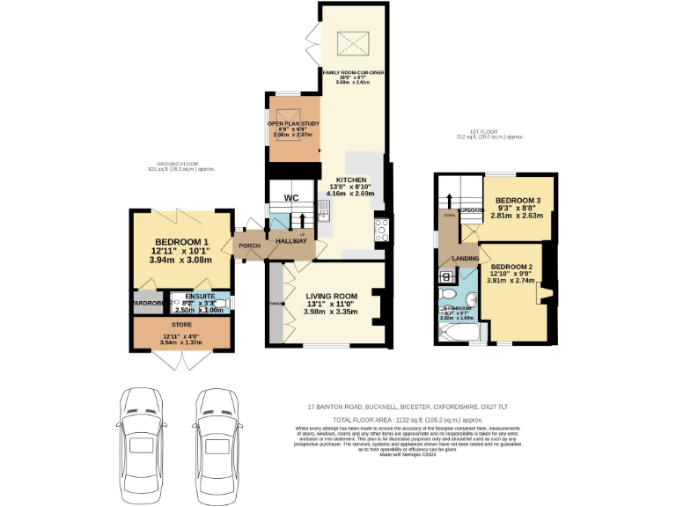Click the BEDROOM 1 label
coord(181,242)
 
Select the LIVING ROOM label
coord(331,297)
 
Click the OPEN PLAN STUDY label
coord(293,124)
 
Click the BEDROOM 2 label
coord(513,267)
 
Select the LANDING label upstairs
coord(464,258)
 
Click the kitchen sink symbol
coord(322,211)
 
